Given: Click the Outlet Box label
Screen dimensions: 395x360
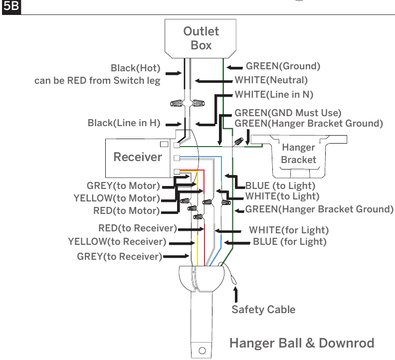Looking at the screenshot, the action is coord(201,38).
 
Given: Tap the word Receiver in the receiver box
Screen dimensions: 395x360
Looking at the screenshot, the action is coord(138,157).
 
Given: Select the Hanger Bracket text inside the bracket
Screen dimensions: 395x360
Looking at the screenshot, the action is coord(299,154).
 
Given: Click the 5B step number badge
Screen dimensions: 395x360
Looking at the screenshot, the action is coord(11,6).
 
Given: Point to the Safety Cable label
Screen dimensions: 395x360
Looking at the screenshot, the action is coord(263,309).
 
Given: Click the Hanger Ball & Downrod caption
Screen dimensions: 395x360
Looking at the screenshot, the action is coord(302,343).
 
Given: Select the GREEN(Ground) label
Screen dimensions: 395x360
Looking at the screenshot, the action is coord(283,66).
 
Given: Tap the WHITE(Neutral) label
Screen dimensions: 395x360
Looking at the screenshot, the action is coord(271,80).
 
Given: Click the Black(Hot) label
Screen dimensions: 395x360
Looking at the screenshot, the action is coord(136,68).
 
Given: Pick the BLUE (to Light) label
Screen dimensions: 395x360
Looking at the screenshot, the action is coord(280,185).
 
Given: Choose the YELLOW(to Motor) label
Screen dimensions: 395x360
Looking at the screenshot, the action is coord(117,198).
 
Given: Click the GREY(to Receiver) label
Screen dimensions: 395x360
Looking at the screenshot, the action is coord(119,256).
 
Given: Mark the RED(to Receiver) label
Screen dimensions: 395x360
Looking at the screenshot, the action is coord(138,228).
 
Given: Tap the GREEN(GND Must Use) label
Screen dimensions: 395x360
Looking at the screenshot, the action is coord(288,113).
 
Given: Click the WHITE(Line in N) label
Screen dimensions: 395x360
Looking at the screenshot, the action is coord(274,94).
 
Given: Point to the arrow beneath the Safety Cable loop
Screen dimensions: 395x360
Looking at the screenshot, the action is coord(235,294).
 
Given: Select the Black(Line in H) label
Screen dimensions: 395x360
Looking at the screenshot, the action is coord(124,123).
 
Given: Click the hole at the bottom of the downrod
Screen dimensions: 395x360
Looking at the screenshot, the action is coord(202,351).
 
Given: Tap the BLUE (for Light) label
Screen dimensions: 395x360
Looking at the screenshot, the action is coord(290,242).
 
